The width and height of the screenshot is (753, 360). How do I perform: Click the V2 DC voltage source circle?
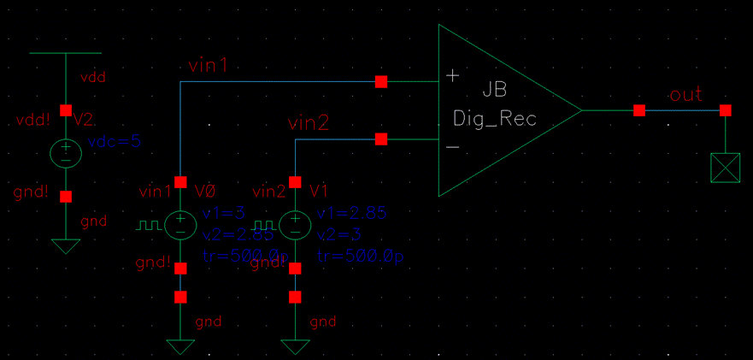66,153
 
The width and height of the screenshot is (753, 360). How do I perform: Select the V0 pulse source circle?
180,224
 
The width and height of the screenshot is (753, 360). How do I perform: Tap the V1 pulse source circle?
295,224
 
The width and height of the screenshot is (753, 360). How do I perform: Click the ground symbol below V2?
66,246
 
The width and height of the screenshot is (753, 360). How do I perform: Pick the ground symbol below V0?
180,346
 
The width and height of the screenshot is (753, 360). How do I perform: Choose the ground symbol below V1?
295,346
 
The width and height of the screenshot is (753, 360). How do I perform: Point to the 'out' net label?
685,94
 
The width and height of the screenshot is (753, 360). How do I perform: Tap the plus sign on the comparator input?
452,76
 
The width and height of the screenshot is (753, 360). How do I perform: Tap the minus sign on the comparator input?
452,146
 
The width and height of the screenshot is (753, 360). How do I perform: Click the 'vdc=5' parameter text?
114,141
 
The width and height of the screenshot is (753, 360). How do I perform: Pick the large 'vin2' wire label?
308,124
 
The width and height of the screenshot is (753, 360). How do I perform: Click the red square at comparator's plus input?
381,81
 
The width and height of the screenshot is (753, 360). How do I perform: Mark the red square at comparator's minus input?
381,139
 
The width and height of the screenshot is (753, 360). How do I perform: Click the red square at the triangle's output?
638,110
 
